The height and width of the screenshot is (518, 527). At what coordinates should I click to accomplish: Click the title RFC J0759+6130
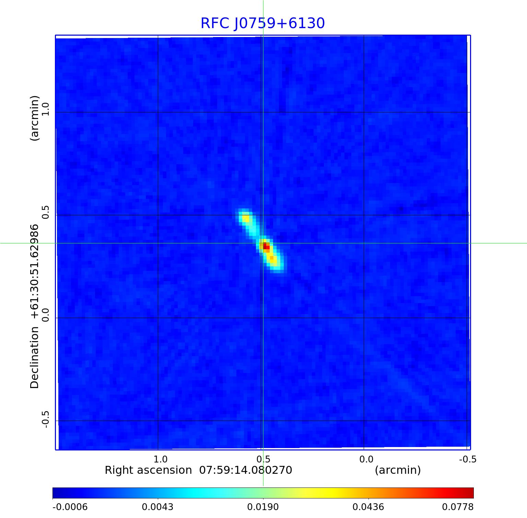[262, 23]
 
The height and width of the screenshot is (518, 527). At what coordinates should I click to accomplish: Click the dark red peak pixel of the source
[266, 246]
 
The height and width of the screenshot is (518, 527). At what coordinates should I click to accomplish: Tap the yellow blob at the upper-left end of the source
[246, 218]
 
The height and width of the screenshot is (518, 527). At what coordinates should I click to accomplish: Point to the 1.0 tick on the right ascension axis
[160, 459]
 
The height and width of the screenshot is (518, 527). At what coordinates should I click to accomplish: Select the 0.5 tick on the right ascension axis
[263, 459]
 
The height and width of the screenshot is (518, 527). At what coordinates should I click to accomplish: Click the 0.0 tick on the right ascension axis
[366, 459]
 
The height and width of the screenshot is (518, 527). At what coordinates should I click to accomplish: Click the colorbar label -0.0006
[70, 507]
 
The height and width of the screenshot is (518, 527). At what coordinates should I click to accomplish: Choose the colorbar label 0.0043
[158, 507]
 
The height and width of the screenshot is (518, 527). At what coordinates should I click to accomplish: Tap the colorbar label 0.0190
[263, 507]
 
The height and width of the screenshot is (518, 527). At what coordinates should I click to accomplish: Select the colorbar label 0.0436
[368, 507]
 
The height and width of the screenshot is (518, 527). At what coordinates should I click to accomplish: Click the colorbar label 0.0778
[457, 507]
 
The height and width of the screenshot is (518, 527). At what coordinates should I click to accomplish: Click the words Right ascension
[148, 470]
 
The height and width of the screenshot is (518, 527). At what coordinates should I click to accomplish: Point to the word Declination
[35, 358]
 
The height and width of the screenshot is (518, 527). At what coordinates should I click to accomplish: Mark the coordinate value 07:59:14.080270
[246, 470]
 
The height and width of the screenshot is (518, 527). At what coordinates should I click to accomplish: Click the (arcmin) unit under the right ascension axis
[398, 470]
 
